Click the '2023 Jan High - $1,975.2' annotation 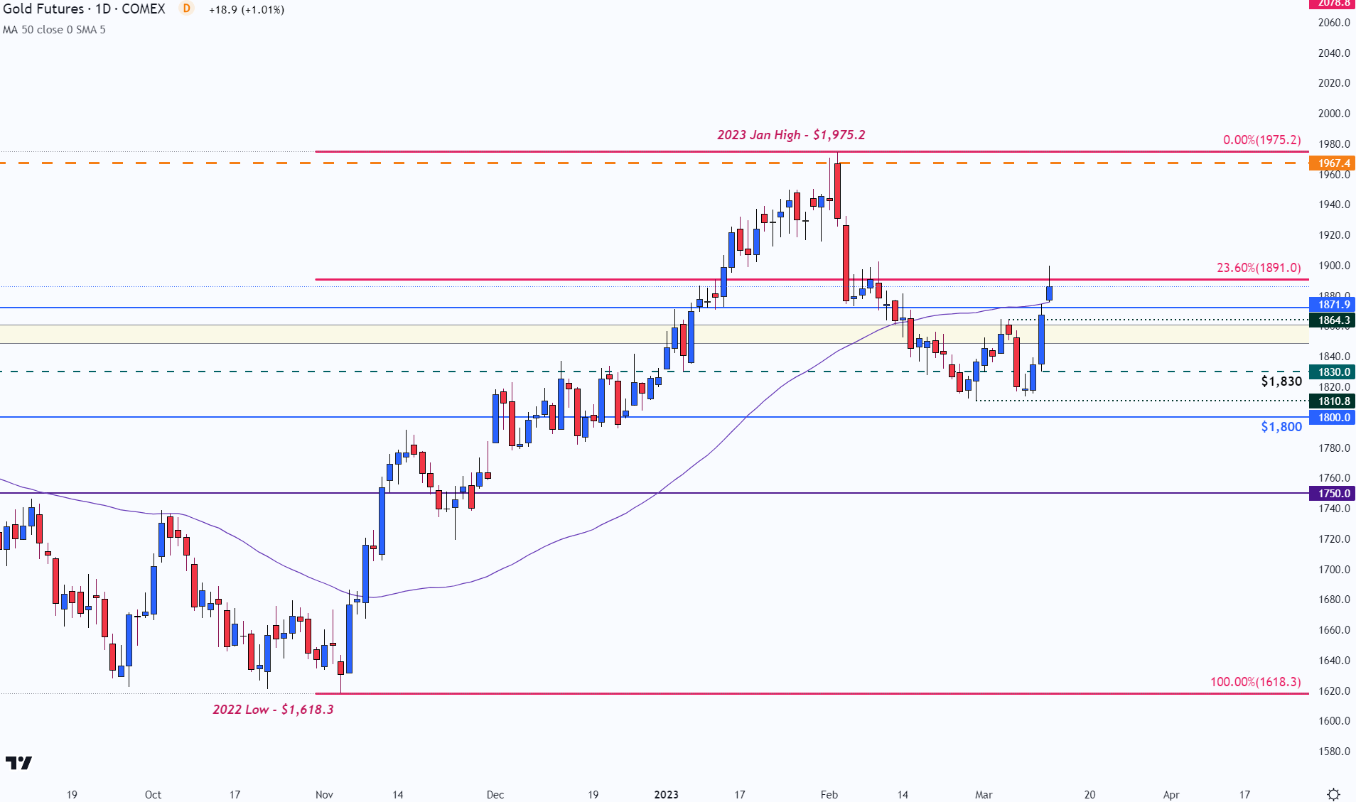tap(791, 135)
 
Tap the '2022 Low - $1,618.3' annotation tap(273, 710)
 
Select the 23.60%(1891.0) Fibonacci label tap(1259, 268)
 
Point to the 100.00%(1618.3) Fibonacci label tap(1255, 682)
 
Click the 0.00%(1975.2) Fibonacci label tap(1261, 140)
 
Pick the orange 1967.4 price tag tap(1333, 163)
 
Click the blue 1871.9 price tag tap(1333, 305)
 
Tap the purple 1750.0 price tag tap(1333, 494)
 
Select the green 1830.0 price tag tap(1333, 372)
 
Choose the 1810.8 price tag tap(1333, 401)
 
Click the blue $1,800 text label tap(1281, 427)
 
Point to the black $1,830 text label tap(1281, 381)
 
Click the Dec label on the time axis tap(495, 794)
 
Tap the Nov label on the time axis tap(324, 794)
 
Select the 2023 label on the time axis tap(666, 794)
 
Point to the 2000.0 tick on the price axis tap(1334, 114)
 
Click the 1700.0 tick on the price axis tap(1334, 570)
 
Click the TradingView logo tap(19, 763)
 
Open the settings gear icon tap(1334, 794)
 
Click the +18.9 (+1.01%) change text tap(247, 10)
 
